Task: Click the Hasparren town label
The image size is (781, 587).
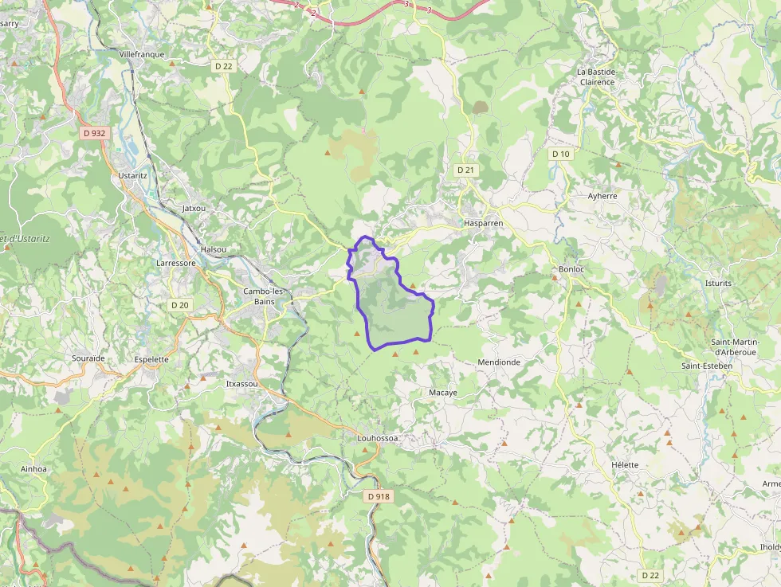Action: (x=483, y=224)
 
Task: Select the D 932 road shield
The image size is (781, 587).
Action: (x=94, y=133)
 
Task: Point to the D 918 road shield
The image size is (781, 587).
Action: (x=379, y=496)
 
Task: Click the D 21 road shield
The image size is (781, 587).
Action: (x=465, y=170)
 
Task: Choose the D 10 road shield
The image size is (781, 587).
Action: (x=561, y=154)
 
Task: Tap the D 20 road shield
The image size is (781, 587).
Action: (x=180, y=305)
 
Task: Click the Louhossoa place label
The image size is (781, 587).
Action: (x=378, y=438)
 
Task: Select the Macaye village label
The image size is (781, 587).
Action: (x=443, y=393)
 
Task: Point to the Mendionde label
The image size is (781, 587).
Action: (x=498, y=362)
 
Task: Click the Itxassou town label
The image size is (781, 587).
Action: (x=242, y=384)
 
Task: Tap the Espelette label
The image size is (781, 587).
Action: (x=151, y=359)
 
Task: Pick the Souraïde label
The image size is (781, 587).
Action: (x=88, y=358)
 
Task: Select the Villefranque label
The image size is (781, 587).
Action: (x=141, y=54)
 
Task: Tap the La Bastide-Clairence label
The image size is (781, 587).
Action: (x=597, y=76)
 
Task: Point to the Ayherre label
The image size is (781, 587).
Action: (x=602, y=195)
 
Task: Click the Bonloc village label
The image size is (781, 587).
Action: (x=571, y=269)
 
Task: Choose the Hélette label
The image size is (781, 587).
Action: (x=625, y=464)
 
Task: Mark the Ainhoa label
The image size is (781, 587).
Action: (x=34, y=469)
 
